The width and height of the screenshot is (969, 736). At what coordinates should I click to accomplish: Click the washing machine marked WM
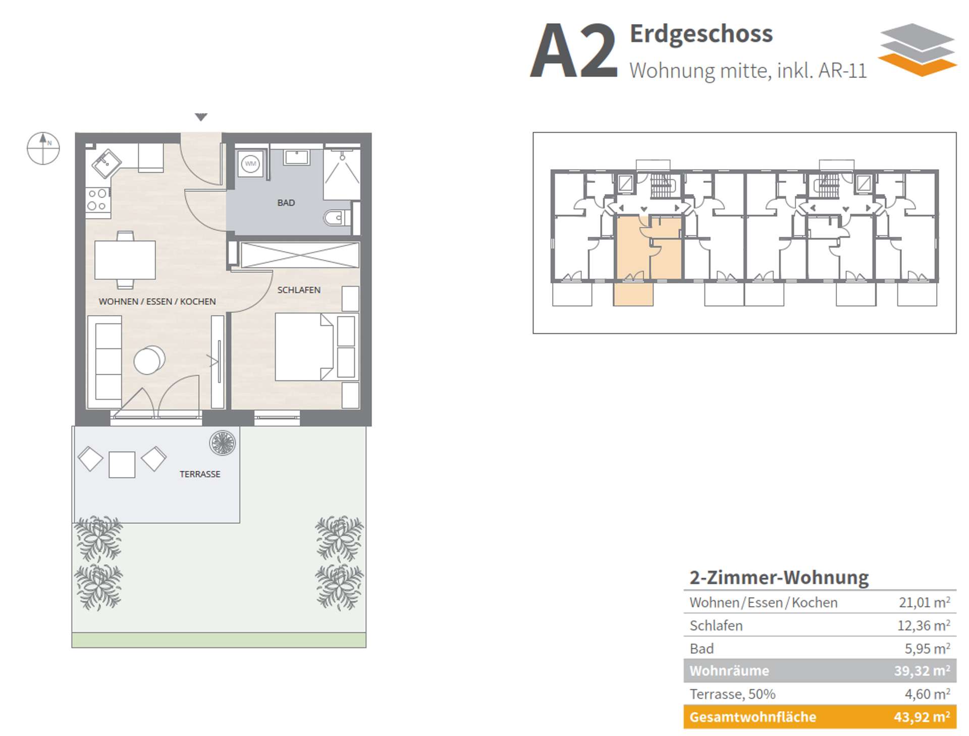point(250,163)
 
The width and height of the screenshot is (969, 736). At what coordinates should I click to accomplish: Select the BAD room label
point(286,203)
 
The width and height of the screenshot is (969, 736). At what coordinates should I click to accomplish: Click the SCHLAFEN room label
point(299,290)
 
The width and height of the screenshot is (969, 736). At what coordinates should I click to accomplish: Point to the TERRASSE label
point(200,474)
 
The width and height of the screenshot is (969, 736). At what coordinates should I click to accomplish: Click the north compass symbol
point(43,149)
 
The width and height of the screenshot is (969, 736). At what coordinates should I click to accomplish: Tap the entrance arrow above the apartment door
point(201,117)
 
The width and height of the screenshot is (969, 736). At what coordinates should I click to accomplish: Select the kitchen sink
point(106,163)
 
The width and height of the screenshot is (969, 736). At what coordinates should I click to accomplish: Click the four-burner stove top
point(98,200)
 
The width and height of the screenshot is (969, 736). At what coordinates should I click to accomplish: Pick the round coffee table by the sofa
point(149,360)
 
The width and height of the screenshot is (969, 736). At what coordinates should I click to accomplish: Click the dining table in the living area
point(125,260)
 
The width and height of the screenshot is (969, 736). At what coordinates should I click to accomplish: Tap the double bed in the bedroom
point(304,347)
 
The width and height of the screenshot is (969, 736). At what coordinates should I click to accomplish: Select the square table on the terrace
point(122,464)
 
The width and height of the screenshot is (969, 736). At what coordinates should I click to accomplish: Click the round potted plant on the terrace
point(223,443)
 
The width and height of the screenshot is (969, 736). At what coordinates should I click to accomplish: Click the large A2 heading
point(574,51)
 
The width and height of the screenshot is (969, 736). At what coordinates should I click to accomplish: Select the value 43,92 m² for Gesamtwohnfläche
point(922,716)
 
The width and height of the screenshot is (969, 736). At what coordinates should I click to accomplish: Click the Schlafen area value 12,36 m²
point(924,625)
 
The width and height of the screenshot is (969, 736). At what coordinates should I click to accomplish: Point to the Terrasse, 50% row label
point(732,694)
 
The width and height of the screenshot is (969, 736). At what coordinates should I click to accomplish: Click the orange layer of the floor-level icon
point(918,66)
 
